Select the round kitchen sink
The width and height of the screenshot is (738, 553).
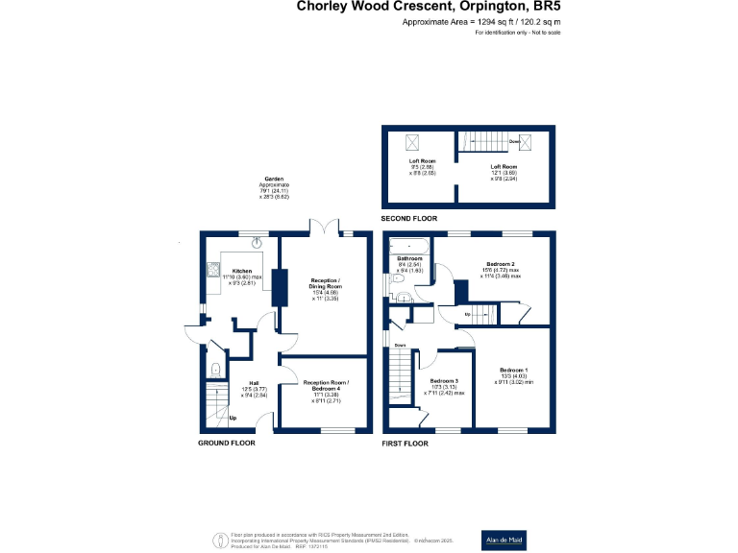coord(255,244)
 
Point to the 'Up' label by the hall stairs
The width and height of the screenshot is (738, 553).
coord(233,418)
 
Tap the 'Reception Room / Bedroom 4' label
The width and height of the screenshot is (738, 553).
coord(324,388)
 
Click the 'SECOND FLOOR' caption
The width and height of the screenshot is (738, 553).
coord(409,219)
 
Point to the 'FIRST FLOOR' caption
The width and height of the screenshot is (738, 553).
coord(406,443)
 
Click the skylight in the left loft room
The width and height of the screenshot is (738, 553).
coord(414,143)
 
